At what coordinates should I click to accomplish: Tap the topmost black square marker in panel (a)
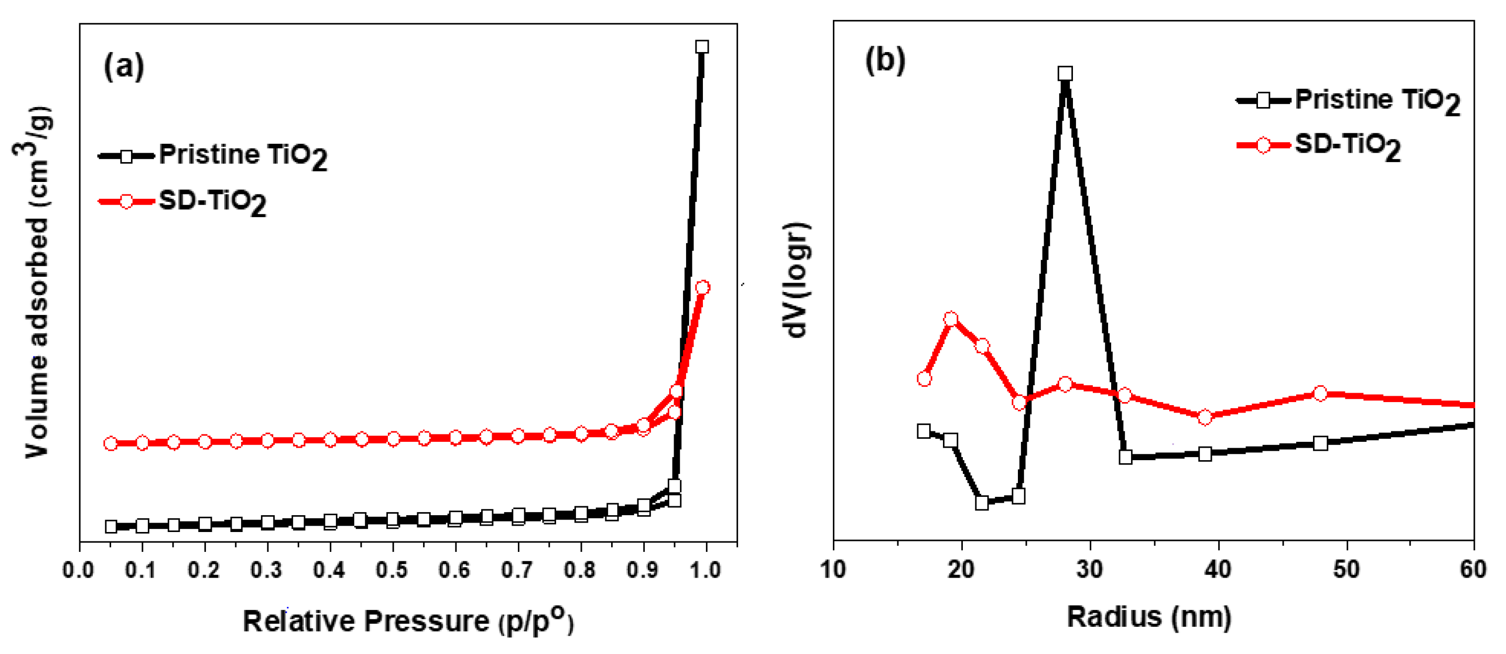pos(702,47)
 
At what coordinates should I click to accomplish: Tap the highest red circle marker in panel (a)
pos(703,288)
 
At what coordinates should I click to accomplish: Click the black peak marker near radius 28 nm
pos(1065,74)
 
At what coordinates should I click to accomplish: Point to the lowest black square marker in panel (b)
pos(982,503)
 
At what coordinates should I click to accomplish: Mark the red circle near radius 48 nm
pos(1320,394)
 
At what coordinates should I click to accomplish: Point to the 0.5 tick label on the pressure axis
pos(392,570)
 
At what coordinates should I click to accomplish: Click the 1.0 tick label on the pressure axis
pos(704,570)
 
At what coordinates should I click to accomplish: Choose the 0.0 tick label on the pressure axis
pos(78,570)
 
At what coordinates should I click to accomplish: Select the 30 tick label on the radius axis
pos(1090,569)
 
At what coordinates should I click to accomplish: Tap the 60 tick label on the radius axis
pos(1473,569)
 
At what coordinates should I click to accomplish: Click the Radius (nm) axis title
pos(1149,617)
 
